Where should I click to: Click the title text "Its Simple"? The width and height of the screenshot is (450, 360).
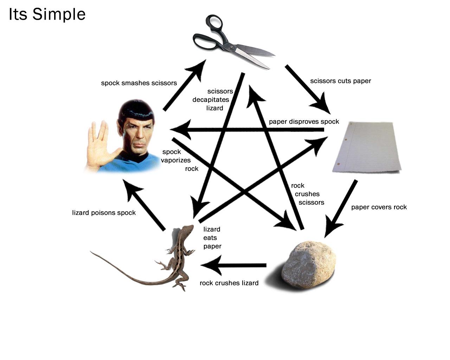pos(47,15)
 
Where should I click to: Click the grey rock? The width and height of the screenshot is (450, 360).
pos(309,264)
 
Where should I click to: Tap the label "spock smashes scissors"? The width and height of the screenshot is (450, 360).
pos(139,83)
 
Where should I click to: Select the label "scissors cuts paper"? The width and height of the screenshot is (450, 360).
pos(340,81)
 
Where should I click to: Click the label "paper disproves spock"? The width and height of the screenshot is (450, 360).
pos(304,122)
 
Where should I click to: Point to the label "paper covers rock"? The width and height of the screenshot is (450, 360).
pos(379,207)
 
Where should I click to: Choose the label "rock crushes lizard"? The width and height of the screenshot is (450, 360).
pos(229,283)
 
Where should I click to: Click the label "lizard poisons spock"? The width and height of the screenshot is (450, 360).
pos(104,213)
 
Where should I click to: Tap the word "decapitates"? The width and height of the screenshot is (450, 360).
pos(211,100)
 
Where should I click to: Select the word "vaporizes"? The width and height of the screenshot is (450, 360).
pos(176,160)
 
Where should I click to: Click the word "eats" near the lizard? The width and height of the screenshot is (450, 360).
pos(210,238)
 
